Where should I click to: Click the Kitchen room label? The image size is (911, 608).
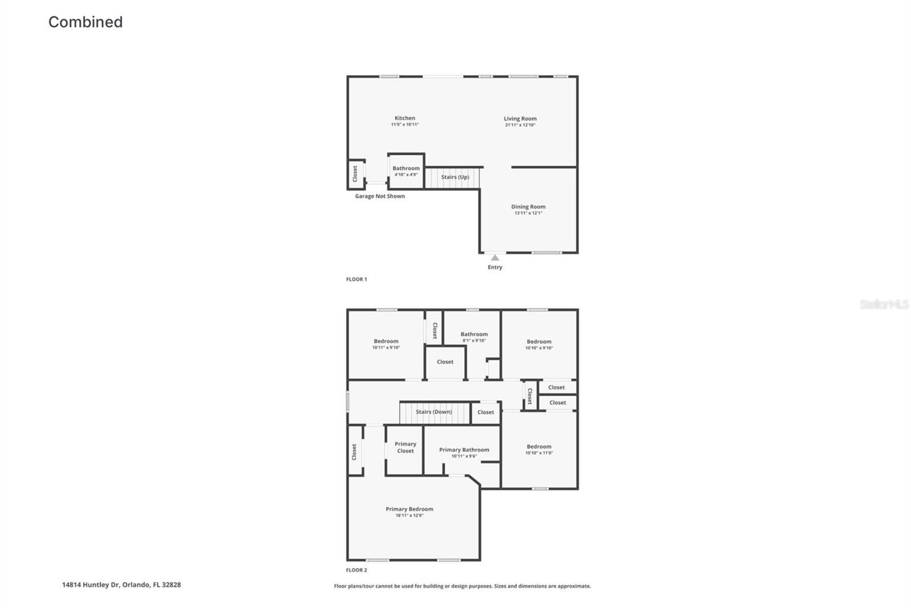pos(405,118)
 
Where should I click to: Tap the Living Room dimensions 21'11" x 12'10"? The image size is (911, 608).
pos(520,125)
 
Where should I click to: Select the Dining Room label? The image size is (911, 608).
pos(528,207)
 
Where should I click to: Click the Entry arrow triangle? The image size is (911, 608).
pos(495,258)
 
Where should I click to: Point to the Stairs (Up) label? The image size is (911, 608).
pos(455,177)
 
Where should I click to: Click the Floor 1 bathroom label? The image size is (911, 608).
pos(406,169)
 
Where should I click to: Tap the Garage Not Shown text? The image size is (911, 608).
pos(380,196)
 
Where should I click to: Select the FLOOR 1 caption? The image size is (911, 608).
pos(356,280)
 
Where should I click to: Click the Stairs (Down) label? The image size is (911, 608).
pos(433,412)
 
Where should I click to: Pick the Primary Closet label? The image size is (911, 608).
pos(405,447)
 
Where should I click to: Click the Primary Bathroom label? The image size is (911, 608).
pos(464,450)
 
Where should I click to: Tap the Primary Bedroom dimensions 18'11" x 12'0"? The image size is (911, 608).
pos(409,515)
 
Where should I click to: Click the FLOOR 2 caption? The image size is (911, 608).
pos(356,570)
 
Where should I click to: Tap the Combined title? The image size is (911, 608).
pos(85,22)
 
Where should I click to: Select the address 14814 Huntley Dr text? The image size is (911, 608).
pos(121,585)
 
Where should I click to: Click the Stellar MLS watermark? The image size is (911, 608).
pos(884,305)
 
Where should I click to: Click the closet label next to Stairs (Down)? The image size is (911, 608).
pos(486,412)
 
